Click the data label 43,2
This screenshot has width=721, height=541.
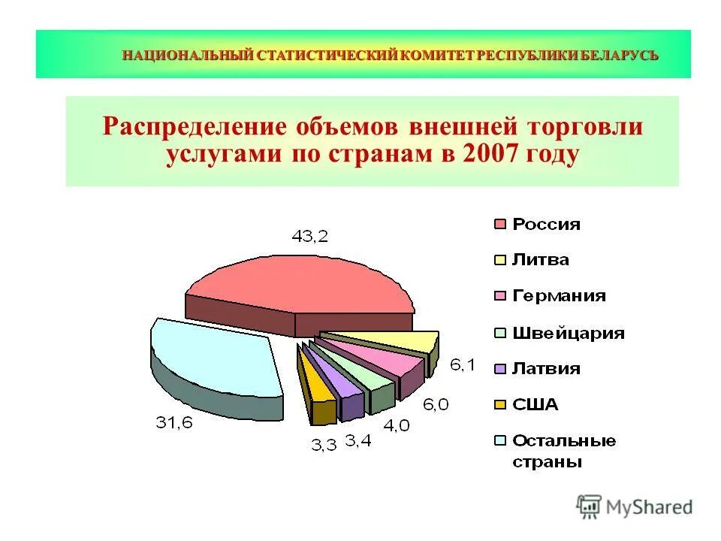click(310, 236)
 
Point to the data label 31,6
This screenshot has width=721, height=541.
click(174, 423)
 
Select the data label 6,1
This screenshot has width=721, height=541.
click(462, 365)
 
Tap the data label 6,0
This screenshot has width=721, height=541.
click(436, 404)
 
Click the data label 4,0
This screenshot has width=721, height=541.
click(397, 425)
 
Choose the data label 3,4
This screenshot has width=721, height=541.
click(357, 440)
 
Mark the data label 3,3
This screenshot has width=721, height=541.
click(324, 445)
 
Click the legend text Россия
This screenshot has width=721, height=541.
click(546, 224)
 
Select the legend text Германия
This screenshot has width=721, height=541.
click(559, 296)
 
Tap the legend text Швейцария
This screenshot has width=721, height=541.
click(568, 333)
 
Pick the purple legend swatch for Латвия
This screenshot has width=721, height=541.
click(499, 369)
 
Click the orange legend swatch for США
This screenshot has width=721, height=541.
click(499, 405)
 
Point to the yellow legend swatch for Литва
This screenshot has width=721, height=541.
click(499, 261)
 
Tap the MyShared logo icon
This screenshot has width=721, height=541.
click(590, 506)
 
